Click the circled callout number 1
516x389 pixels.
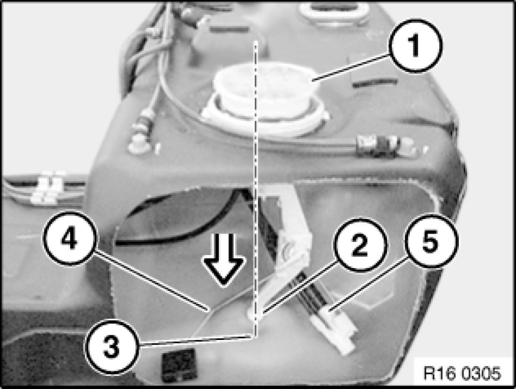[x=415, y=46]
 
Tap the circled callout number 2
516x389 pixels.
[x=360, y=245]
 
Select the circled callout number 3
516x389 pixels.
[x=112, y=346]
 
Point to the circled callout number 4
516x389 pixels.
[x=70, y=238]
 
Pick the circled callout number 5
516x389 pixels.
[x=430, y=241]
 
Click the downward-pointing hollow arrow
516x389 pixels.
[x=224, y=260]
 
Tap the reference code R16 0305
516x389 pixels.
[x=462, y=373]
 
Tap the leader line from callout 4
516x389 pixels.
[x=151, y=281]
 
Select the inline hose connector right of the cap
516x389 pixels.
[x=385, y=146]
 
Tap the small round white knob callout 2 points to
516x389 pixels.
[x=255, y=312]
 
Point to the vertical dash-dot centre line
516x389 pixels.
[x=255, y=189]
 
